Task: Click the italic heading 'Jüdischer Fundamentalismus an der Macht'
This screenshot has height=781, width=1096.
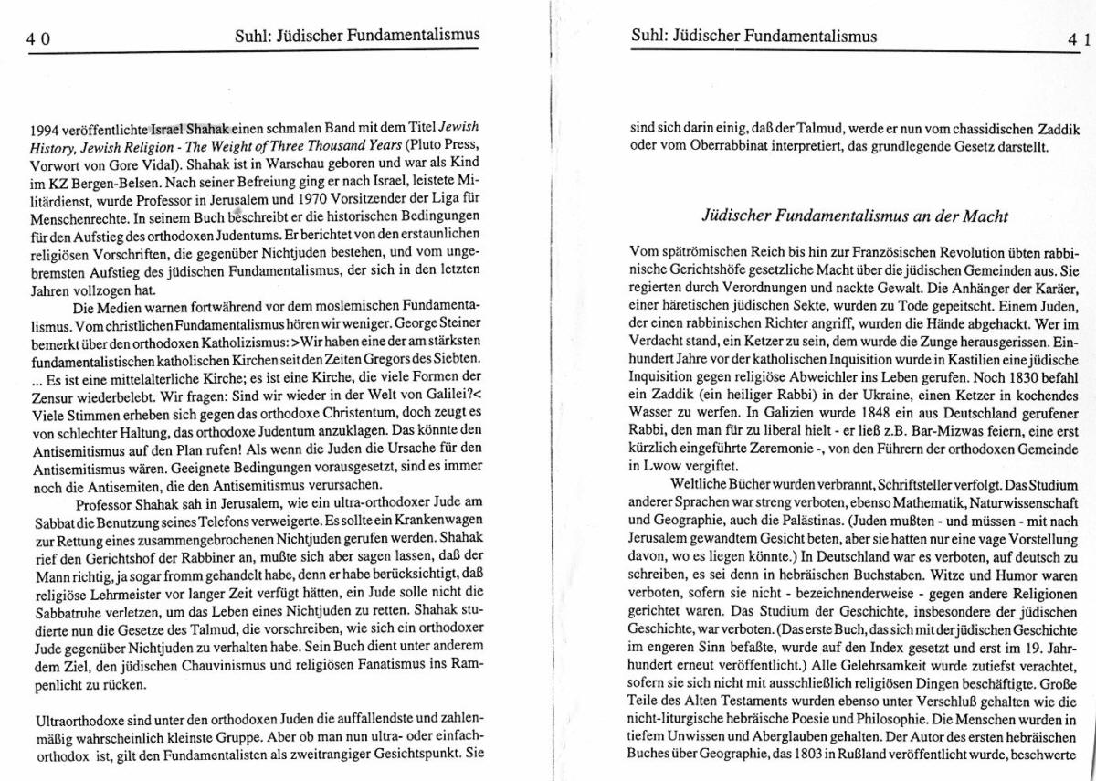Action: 854,216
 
